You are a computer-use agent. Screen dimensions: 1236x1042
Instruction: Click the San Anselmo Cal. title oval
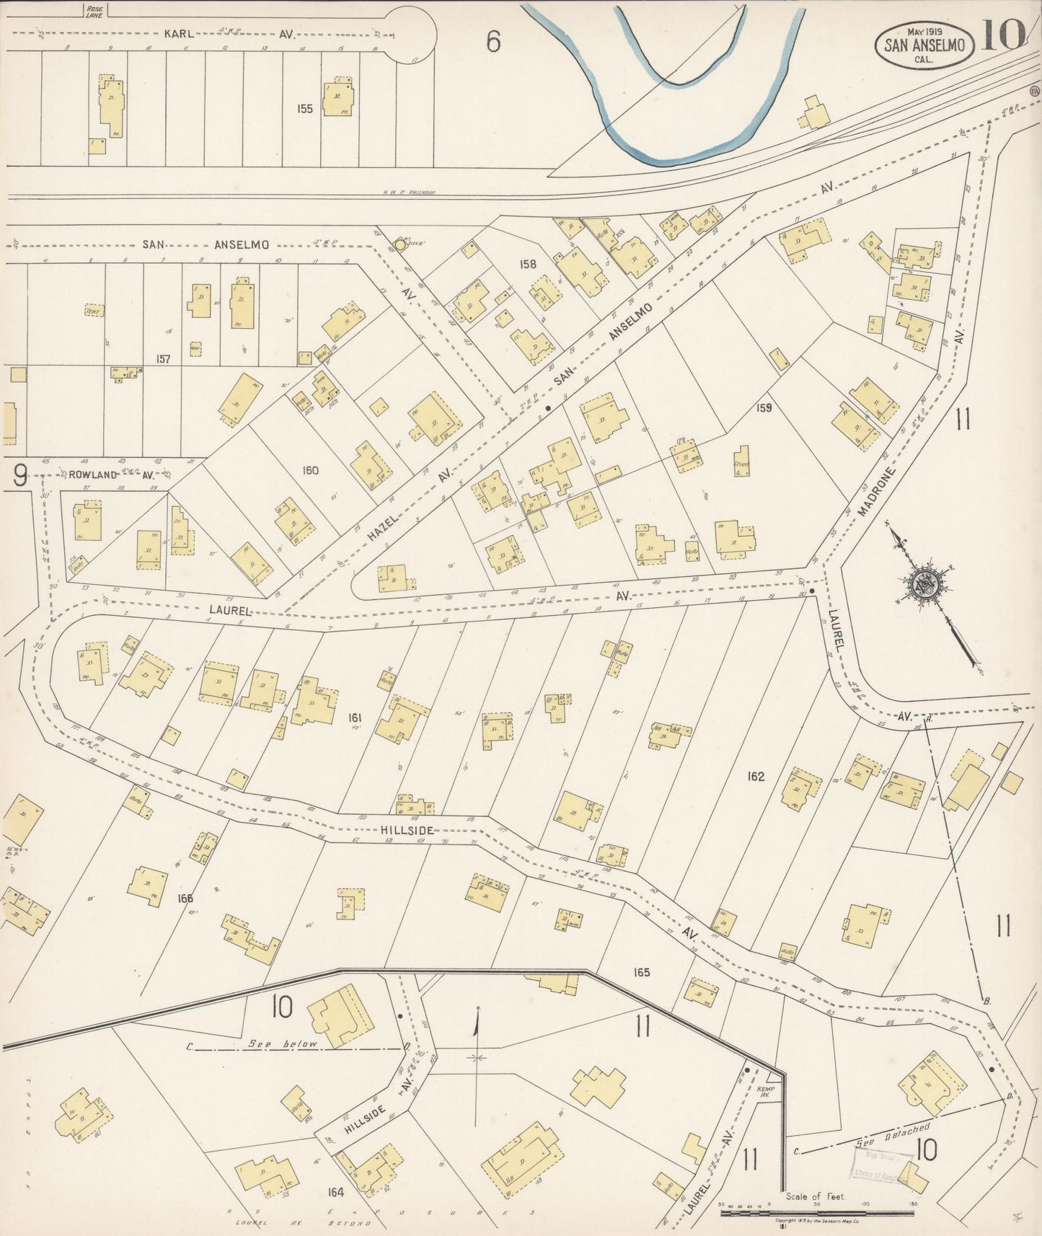click(x=925, y=45)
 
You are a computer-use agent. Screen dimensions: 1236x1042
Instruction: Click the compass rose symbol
click(x=922, y=583)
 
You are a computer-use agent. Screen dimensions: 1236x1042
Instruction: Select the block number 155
click(x=304, y=109)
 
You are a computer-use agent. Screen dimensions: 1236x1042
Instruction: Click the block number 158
click(x=528, y=264)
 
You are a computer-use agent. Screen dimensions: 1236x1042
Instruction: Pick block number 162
click(x=756, y=777)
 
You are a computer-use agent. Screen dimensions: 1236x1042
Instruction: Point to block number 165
click(x=641, y=972)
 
